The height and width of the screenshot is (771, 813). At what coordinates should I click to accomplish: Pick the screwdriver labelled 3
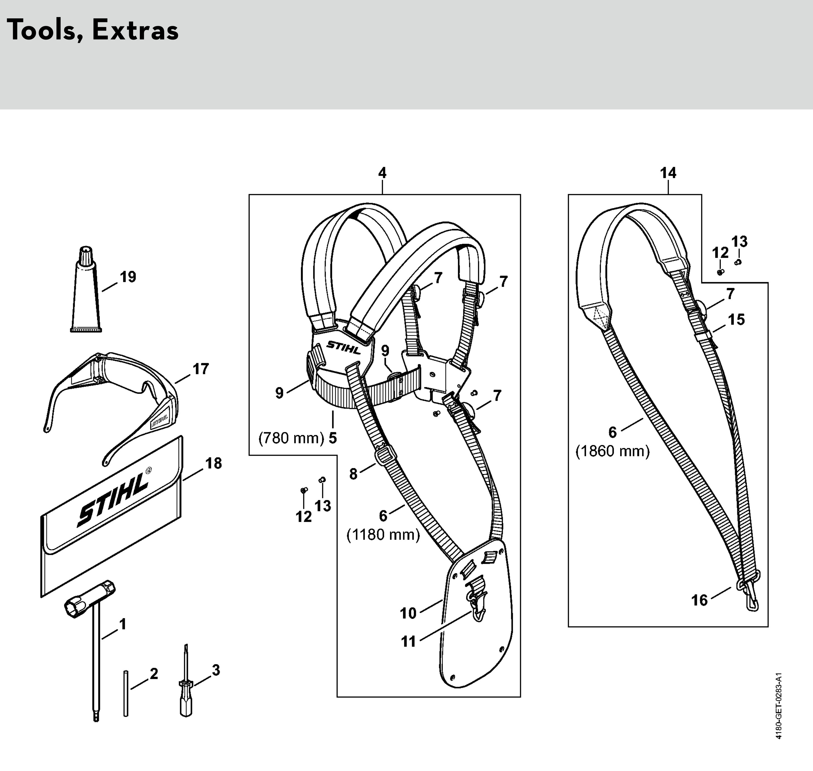tap(186, 686)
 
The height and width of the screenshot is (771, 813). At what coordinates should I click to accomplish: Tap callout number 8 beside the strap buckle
tap(354, 474)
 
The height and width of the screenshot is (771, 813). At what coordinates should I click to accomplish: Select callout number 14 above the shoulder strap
tap(668, 173)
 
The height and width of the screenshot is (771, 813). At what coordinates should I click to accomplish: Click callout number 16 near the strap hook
tap(699, 601)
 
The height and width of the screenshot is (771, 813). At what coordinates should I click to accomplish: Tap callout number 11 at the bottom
tap(408, 641)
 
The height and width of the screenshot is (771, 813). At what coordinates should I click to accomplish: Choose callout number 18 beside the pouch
tap(214, 463)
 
